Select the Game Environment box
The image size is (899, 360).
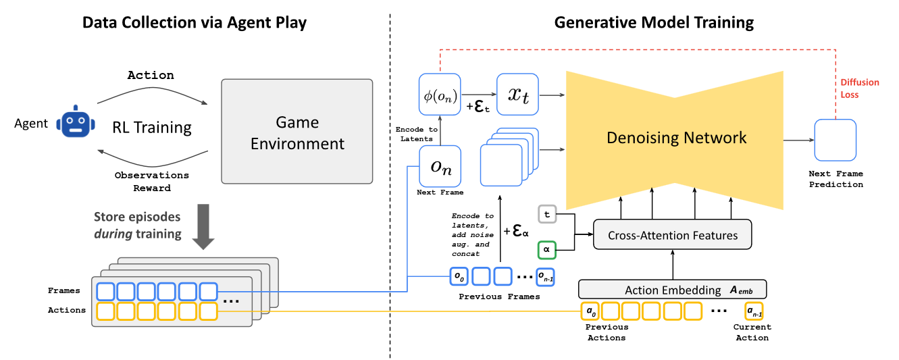(297, 131)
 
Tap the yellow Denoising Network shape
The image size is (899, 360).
(675, 138)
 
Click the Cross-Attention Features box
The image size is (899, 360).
(672, 236)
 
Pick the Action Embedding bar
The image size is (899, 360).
(673, 290)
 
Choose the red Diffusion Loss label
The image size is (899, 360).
(859, 88)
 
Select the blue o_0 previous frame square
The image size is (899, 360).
(459, 277)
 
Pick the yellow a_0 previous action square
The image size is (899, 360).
(590, 311)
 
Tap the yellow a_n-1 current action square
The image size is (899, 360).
(753, 311)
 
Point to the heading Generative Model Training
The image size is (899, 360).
(653, 22)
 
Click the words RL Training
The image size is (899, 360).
(152, 127)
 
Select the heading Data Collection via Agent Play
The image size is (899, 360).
(195, 22)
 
